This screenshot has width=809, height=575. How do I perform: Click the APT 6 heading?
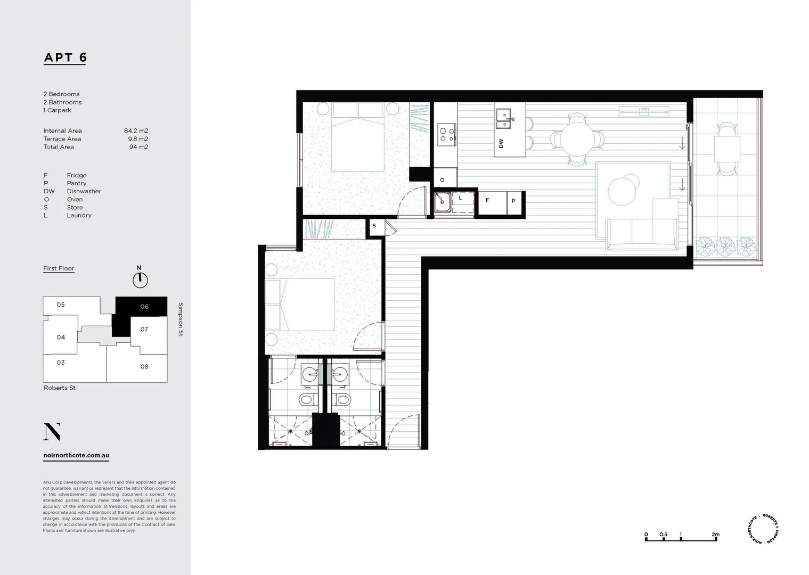(x=65, y=57)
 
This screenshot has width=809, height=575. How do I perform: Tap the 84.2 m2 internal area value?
(x=136, y=130)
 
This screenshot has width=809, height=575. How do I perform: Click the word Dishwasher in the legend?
(x=84, y=191)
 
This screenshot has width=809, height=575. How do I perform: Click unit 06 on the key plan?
(x=144, y=307)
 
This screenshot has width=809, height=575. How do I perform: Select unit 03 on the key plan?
(x=61, y=363)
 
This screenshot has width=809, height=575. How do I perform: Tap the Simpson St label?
(x=181, y=319)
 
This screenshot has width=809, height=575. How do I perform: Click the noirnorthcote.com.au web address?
(x=76, y=456)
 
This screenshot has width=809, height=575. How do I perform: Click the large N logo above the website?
(x=52, y=432)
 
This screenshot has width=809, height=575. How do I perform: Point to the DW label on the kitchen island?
(x=501, y=143)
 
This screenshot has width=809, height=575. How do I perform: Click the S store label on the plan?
(x=374, y=226)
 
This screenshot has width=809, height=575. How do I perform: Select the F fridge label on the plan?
(x=487, y=200)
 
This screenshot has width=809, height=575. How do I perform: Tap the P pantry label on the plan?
(x=513, y=201)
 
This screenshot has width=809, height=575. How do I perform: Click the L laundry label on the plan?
(x=460, y=198)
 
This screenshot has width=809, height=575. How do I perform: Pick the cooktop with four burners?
(x=446, y=134)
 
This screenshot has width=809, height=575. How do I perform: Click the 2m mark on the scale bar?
(x=715, y=535)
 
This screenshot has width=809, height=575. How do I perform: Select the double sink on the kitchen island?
(x=504, y=119)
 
